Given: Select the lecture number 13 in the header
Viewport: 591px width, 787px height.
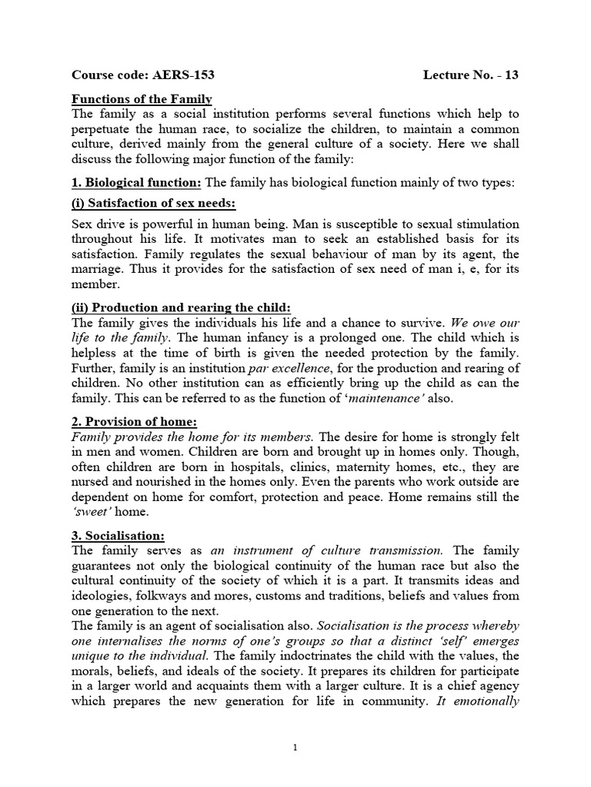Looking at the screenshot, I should pyautogui.click(x=510, y=75).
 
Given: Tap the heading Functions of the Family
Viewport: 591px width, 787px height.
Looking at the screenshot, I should pyautogui.click(x=142, y=99).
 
